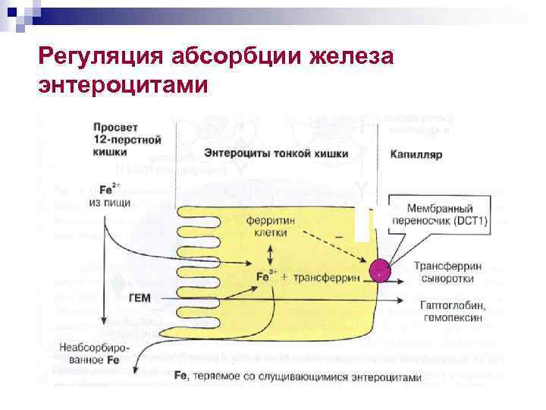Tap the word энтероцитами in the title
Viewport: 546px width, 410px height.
click(x=121, y=84)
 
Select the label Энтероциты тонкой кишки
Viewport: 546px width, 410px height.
click(x=276, y=153)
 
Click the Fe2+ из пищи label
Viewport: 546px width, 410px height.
click(x=109, y=196)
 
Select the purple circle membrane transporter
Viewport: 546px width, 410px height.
click(x=381, y=269)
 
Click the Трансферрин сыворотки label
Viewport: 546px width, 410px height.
click(x=444, y=273)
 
